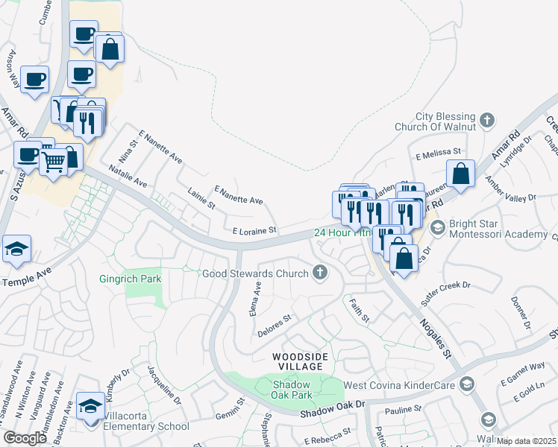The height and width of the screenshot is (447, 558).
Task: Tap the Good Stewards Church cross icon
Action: [321, 273]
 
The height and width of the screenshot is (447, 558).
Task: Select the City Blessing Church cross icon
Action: [486, 119]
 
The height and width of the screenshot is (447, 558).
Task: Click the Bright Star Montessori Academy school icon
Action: [438, 226]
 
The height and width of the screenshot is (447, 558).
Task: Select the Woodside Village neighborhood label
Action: [299, 362]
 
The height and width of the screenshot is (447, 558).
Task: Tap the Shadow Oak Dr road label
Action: [332, 409]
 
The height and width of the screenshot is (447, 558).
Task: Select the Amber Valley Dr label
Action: [511, 191]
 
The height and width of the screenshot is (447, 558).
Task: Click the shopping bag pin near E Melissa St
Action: [462, 174]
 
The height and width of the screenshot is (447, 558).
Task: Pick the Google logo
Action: [25, 438]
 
